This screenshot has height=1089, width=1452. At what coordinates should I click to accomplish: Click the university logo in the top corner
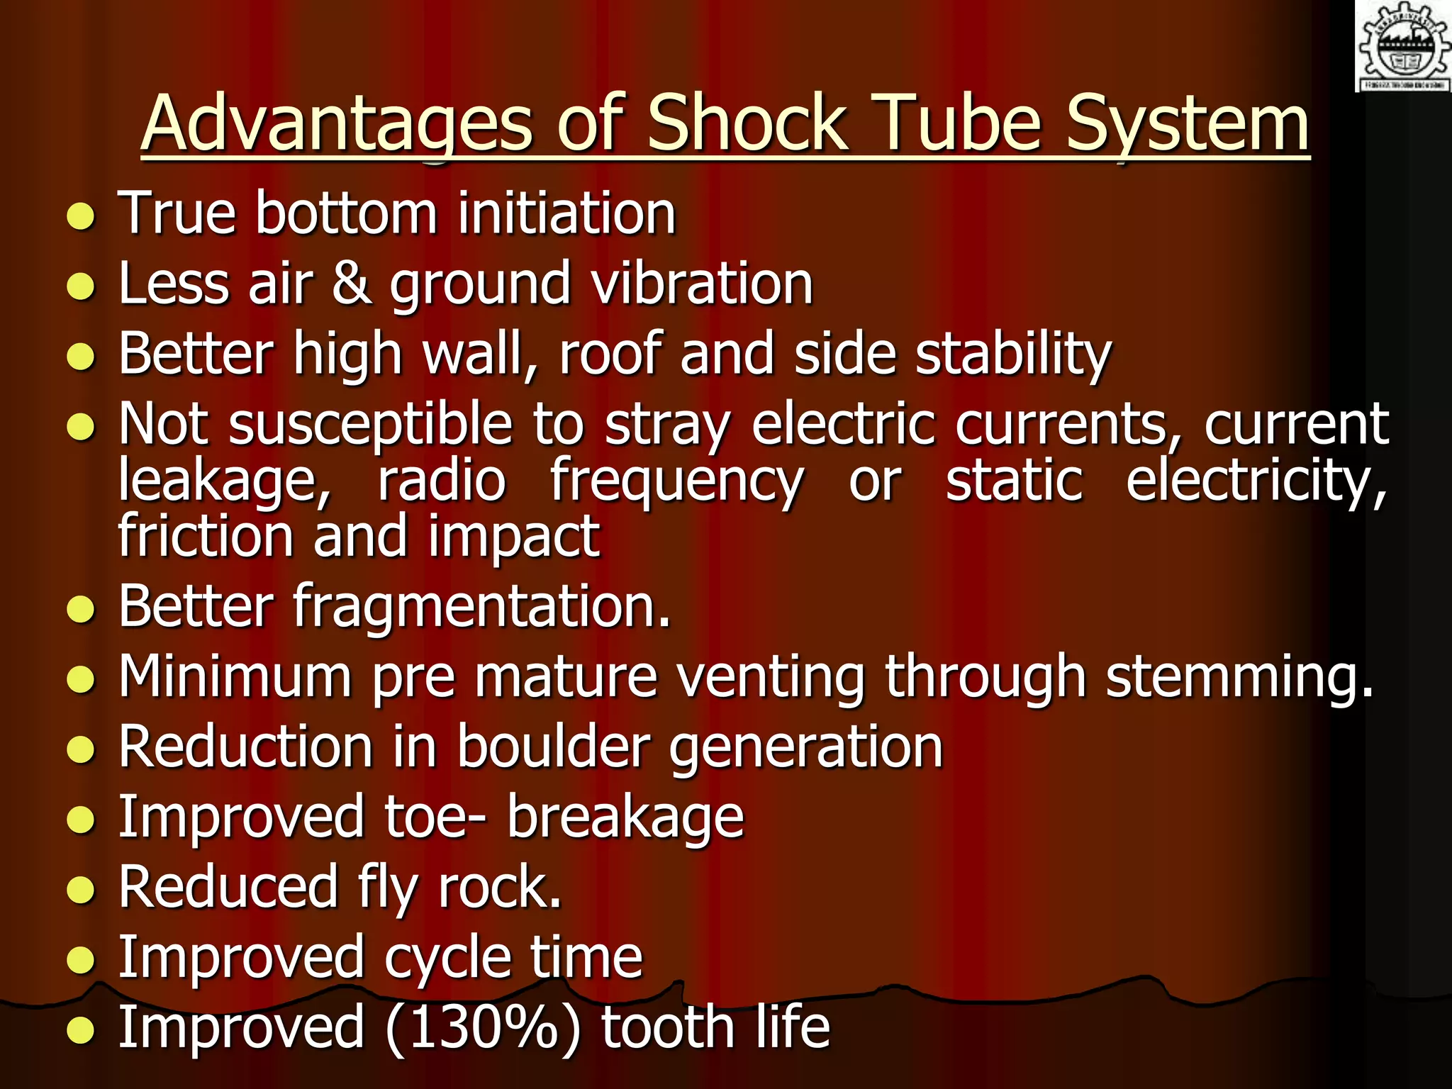tap(1403, 47)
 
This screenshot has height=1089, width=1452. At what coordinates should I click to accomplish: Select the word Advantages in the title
tap(336, 125)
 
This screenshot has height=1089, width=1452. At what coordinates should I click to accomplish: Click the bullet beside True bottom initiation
tap(82, 216)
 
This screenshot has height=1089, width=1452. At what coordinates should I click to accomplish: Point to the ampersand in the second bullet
tap(351, 283)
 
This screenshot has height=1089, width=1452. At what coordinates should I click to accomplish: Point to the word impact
tap(514, 537)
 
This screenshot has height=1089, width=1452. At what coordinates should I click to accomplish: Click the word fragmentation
tap(481, 608)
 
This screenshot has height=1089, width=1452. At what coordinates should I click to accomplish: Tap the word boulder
tap(553, 747)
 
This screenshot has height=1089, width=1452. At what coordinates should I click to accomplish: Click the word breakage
tap(625, 817)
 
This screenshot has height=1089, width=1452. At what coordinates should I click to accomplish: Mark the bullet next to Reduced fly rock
tap(82, 890)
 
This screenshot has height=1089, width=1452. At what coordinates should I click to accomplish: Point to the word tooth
tap(667, 1027)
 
